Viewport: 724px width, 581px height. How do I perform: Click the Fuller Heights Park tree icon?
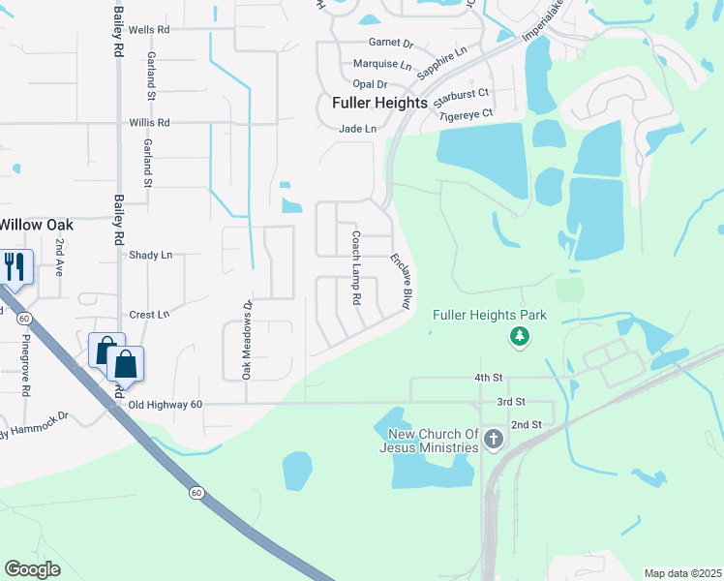[521, 336]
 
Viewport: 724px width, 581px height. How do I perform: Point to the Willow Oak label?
[36, 224]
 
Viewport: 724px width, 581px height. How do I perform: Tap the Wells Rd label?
[149, 30]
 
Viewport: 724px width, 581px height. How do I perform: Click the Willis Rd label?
[149, 123]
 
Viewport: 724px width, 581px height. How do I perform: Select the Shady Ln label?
[150, 255]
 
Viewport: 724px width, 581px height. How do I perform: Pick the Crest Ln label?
[149, 315]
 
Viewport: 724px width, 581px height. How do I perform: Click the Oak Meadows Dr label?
[247, 338]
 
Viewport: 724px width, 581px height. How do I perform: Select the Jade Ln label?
[357, 129]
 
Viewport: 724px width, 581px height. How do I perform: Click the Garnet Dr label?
[391, 44]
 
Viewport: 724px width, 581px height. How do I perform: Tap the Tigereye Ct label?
[466, 114]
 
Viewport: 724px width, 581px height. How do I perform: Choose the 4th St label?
[487, 377]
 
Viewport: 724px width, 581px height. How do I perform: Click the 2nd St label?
[525, 425]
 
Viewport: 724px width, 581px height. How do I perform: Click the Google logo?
[32, 569]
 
